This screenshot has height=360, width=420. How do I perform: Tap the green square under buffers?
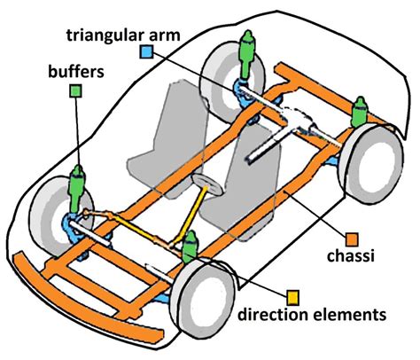pos(77,90)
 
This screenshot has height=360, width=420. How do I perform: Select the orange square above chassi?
pos(351,239)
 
